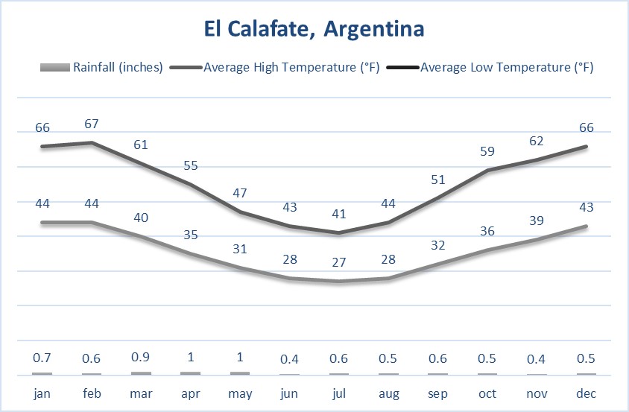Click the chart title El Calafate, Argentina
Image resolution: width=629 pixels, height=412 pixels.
314,30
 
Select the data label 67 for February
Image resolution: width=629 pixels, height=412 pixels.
92,124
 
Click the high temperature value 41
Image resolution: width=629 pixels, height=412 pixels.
338,214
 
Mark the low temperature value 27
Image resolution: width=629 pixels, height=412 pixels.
338,262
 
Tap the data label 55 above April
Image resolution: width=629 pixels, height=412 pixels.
190,165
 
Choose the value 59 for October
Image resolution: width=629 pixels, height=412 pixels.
487,151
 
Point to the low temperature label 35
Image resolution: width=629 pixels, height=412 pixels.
190,235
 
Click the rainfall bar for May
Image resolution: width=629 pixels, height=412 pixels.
239,373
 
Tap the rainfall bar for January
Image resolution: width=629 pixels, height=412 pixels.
42,373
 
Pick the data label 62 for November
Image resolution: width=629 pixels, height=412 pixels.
537,141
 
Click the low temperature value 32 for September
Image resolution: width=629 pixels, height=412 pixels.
437,245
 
